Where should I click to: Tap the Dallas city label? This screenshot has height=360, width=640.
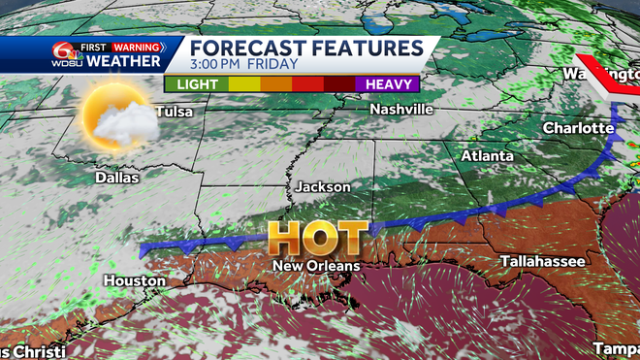(117, 178)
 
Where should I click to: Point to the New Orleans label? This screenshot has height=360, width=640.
(315, 265)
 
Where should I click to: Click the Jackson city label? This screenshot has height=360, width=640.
(323, 186)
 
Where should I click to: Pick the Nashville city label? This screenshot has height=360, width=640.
(401, 110)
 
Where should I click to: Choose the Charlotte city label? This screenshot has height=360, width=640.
(579, 127)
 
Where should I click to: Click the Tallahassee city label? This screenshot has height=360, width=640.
(541, 261)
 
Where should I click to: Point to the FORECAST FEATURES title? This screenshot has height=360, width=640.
(306, 49)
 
